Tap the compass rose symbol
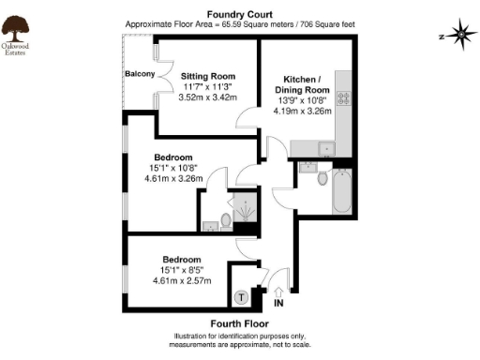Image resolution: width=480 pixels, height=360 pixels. click(462, 37)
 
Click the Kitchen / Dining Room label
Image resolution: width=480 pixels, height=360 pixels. click(302, 83)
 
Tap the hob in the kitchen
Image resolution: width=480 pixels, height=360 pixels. click(344, 97)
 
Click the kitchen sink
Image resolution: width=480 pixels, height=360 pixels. click(323, 146)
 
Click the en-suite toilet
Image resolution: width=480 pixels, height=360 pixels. click(223, 221)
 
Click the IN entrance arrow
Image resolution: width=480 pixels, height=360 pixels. click(277, 290)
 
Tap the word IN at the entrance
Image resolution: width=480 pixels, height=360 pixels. click(278, 304)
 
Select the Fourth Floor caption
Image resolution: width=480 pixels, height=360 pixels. click(239, 323)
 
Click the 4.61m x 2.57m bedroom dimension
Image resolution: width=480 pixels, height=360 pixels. click(182, 280)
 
